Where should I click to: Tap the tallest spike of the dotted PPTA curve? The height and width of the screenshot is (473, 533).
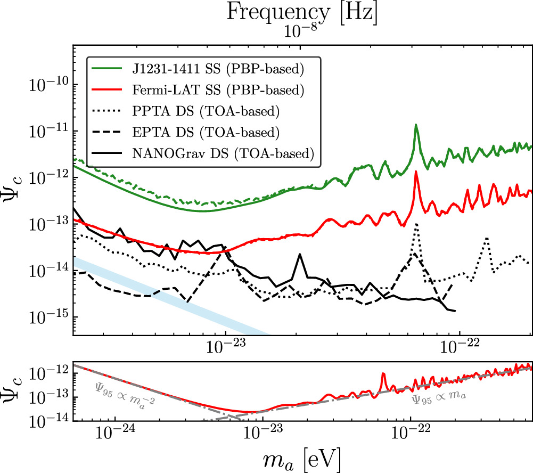pos(416,224)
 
